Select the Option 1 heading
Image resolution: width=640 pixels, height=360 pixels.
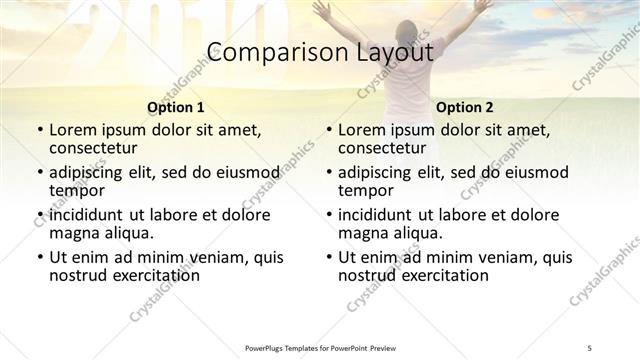coord(176,107)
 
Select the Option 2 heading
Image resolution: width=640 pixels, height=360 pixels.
coord(465,107)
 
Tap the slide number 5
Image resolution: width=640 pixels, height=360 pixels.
coord(590,347)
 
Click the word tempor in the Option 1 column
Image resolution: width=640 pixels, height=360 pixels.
coord(77,191)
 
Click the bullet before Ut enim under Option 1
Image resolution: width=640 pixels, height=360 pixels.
coord(40,258)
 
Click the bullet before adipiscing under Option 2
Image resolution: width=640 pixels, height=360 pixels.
coord(329,172)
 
